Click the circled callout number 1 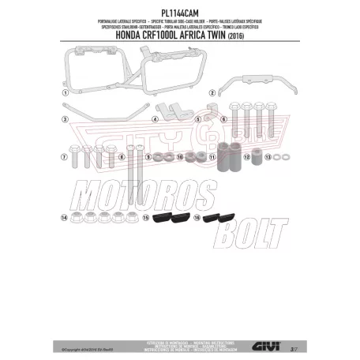(65, 92)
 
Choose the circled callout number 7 (63, 157)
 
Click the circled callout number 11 (212, 158)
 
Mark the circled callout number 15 (134, 216)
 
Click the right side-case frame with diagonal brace (158, 67)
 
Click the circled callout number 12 (247, 158)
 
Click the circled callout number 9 (146, 158)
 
